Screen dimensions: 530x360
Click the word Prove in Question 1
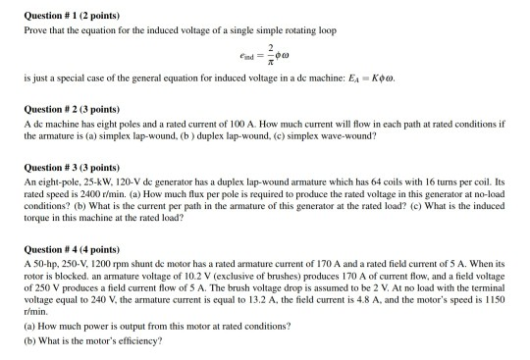[35, 31]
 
